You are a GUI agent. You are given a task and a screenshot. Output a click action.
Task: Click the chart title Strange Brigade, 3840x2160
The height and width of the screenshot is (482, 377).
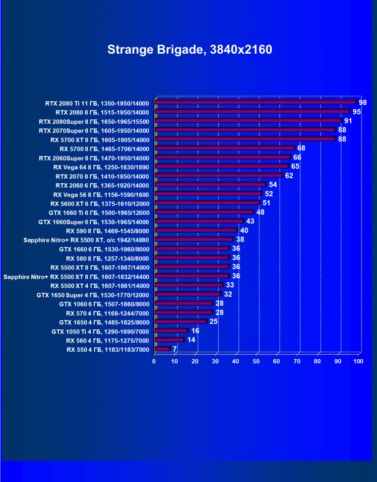click(189, 50)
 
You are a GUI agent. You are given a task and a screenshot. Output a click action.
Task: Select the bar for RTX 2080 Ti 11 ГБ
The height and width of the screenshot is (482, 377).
click(255, 103)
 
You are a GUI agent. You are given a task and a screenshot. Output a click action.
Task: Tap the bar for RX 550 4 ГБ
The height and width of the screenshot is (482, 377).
click(162, 349)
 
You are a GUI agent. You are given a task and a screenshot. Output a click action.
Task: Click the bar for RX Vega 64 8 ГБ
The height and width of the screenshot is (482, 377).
click(221, 166)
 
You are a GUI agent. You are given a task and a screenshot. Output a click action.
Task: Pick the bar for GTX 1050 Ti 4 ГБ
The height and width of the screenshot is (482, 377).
click(172, 331)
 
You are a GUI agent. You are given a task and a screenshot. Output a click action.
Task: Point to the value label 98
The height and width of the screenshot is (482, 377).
click(363, 102)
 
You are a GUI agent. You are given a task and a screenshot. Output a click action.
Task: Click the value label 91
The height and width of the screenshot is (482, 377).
click(348, 121)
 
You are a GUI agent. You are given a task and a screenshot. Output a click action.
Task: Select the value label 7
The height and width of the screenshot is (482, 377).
click(175, 349)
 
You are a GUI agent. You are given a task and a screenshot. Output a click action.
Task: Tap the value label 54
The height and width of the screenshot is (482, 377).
click(273, 184)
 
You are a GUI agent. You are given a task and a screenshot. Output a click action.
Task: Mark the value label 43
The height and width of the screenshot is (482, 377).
click(251, 221)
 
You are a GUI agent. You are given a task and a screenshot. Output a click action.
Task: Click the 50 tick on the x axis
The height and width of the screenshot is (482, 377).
click(256, 361)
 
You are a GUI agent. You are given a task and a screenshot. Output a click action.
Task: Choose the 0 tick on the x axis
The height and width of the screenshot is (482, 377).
click(154, 361)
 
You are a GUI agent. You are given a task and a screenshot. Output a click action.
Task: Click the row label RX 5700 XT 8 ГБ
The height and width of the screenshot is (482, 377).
click(100, 139)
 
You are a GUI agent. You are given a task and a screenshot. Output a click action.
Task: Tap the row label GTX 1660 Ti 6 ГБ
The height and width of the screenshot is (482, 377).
click(99, 212)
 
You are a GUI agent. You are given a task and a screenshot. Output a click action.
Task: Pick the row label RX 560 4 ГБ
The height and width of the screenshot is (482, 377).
click(108, 340)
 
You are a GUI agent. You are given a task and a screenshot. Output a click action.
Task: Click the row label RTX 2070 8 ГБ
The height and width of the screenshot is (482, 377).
click(102, 175)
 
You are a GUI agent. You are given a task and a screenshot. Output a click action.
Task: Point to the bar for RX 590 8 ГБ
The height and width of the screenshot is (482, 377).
click(196, 231)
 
